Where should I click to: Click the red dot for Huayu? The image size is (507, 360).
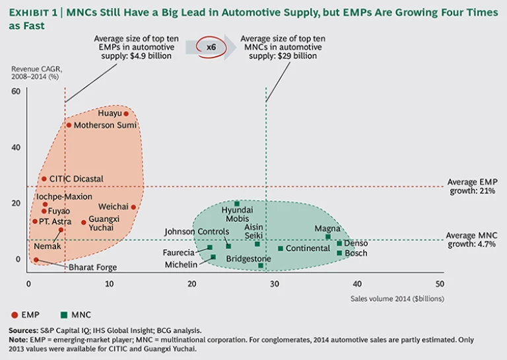[x=126, y=114]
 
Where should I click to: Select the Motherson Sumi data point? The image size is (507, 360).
[x=69, y=125]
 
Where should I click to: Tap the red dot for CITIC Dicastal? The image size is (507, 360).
[x=44, y=178]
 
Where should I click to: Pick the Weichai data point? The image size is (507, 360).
[x=133, y=207]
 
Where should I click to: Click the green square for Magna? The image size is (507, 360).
[x=327, y=236]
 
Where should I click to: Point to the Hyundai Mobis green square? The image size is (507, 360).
[x=237, y=203]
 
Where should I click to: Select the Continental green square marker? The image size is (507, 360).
[x=281, y=248]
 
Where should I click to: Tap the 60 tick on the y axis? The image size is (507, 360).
[x=16, y=91]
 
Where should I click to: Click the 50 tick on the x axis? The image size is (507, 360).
[x=440, y=283]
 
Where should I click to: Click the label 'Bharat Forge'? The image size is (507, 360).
[x=93, y=267]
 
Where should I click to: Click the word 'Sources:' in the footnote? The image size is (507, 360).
[x=24, y=330]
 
